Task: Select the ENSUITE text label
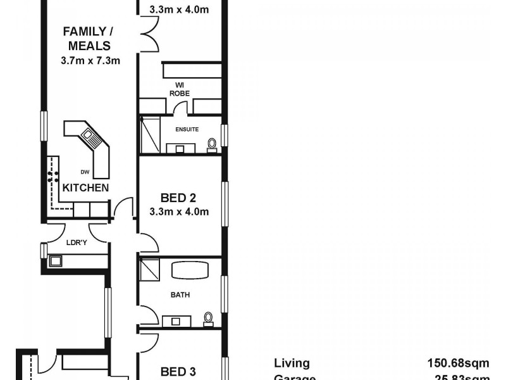pyautogui.click(x=187, y=129)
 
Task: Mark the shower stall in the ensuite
pyautogui.click(x=148, y=135)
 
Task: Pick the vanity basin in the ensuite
pyautogui.click(x=180, y=149)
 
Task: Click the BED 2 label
pyautogui.click(x=180, y=198)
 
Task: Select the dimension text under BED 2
pyautogui.click(x=180, y=212)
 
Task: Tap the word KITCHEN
pyautogui.click(x=85, y=188)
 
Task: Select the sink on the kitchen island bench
pyautogui.click(x=87, y=135)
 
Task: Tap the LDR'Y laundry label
pyautogui.click(x=77, y=241)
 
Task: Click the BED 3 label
pyautogui.click(x=173, y=371)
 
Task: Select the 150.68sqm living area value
pyautogui.click(x=459, y=363)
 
